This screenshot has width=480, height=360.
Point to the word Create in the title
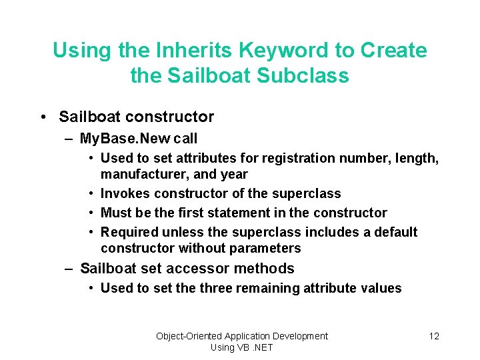pos(393,50)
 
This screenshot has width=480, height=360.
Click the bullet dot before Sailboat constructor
pos(43,117)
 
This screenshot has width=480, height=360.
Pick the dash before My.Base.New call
pos(69,139)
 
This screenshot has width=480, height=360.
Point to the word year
pos(235,174)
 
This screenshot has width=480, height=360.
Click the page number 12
pos(434,336)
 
